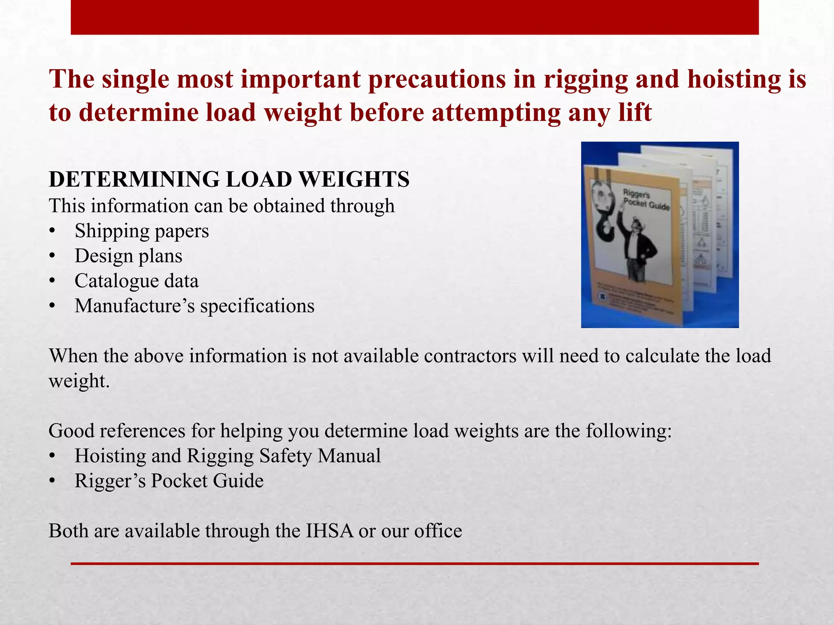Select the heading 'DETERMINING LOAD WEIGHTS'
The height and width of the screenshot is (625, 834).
229,179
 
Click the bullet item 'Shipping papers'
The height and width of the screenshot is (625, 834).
141,231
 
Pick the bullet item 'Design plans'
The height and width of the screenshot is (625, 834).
128,256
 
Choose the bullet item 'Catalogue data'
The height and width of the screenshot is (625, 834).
136,281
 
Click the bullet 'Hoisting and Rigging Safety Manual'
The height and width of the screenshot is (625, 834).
227,456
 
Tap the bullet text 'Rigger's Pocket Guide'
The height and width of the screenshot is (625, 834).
169,481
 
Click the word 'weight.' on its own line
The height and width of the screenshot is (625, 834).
79,381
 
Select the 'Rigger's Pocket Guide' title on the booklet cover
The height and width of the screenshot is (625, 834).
645,199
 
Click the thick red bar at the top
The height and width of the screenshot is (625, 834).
415,17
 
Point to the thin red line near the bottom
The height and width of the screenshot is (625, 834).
415,564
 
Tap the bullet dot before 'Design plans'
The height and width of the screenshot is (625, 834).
52,256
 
